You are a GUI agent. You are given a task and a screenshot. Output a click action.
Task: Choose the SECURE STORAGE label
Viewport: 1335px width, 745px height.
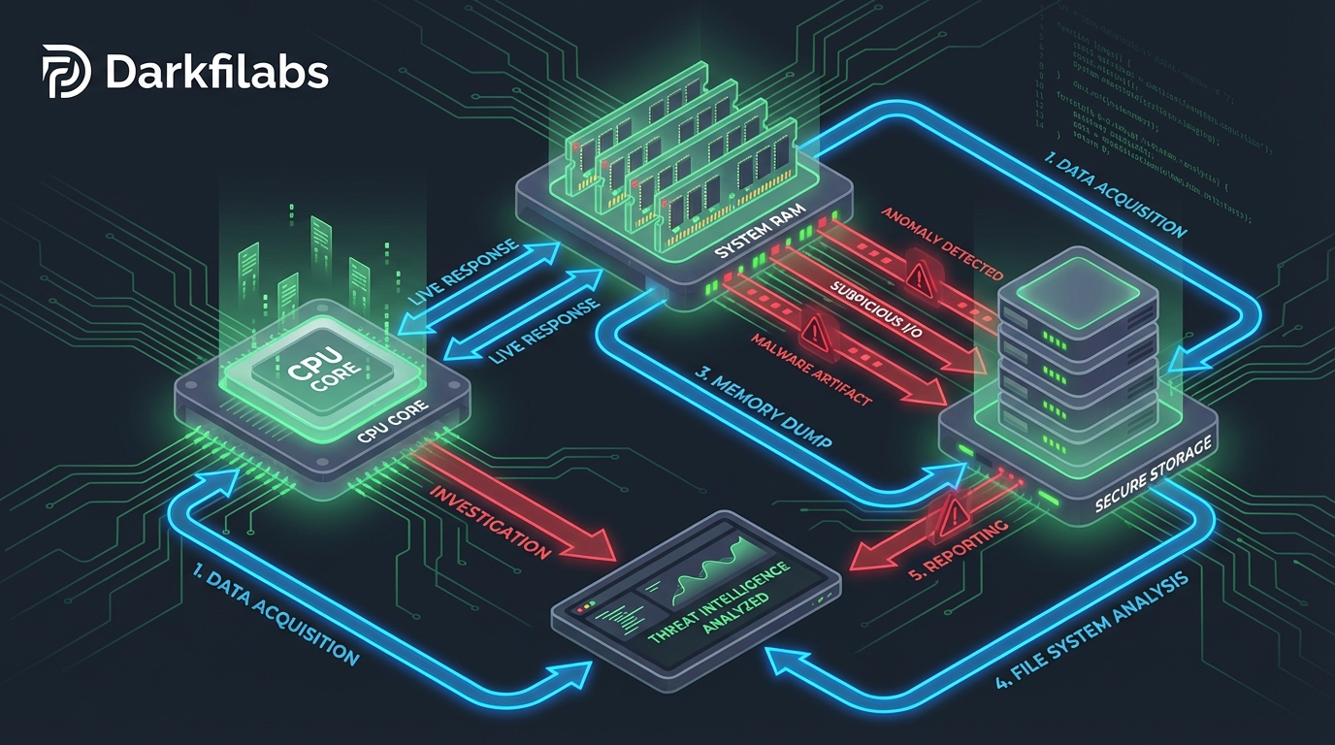pyautogui.click(x=1152, y=471)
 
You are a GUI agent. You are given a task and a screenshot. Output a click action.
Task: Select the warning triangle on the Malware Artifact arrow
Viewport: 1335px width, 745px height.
pyautogui.click(x=813, y=333)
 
